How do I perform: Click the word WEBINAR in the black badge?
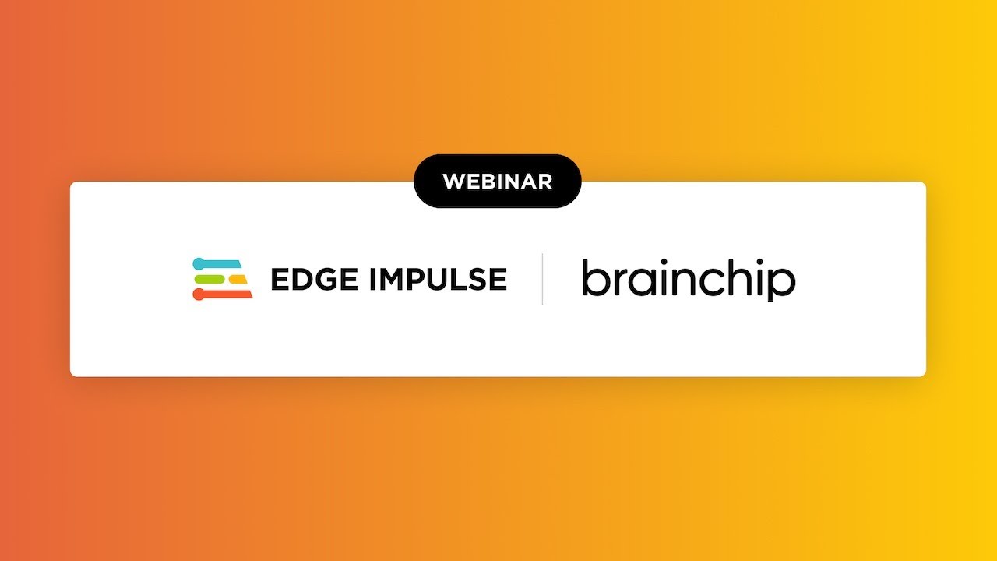point(498,182)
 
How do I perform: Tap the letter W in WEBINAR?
point(454,182)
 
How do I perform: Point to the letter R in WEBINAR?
point(544,182)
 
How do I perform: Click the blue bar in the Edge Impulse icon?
point(217,263)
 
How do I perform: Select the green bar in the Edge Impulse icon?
point(210,279)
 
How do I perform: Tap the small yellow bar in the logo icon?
point(238,279)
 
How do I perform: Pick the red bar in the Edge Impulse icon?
point(223,294)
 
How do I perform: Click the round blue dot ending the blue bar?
point(199,264)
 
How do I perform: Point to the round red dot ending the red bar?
point(199,295)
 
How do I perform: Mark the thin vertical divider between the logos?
point(542,279)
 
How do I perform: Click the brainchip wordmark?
point(689,279)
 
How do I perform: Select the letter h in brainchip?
point(734,277)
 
